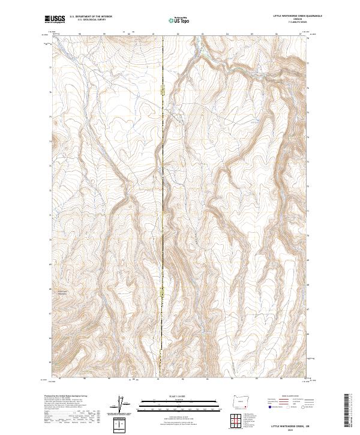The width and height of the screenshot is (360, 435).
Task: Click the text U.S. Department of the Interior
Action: tap(91, 16)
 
